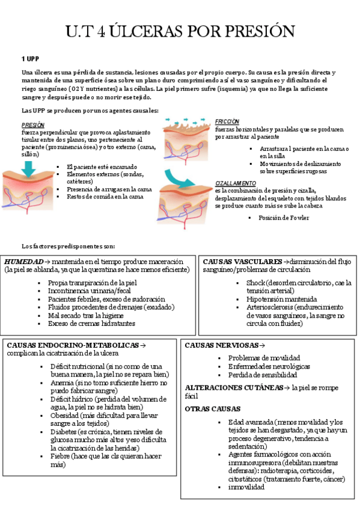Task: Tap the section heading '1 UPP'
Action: click(x=31, y=59)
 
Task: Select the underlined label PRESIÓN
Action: click(x=32, y=124)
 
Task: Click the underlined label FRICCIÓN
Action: click(x=227, y=121)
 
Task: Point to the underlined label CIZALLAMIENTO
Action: click(x=236, y=183)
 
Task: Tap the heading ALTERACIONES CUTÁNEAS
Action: click(x=233, y=388)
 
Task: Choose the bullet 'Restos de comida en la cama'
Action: click(x=105, y=197)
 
